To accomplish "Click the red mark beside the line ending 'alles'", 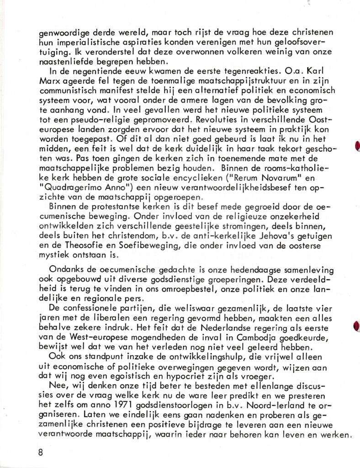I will point(357,326).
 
